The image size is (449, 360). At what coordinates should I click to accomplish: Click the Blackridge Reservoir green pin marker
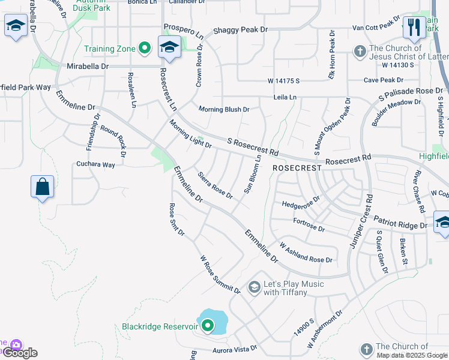(208, 326)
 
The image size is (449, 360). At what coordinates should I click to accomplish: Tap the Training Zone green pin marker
(144, 48)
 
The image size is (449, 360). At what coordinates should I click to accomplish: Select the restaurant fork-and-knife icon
(414, 26)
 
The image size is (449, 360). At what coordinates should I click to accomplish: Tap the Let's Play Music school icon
(254, 288)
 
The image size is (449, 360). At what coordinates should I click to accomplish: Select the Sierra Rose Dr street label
(215, 185)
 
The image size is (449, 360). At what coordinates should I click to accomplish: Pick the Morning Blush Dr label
(224, 109)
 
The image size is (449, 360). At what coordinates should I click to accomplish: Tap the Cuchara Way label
(95, 164)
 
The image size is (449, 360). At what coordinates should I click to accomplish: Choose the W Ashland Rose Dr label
(306, 253)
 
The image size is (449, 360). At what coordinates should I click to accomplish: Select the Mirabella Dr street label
(88, 65)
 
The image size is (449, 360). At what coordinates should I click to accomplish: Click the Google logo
(20, 353)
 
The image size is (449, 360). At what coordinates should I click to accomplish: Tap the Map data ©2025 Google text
(412, 355)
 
